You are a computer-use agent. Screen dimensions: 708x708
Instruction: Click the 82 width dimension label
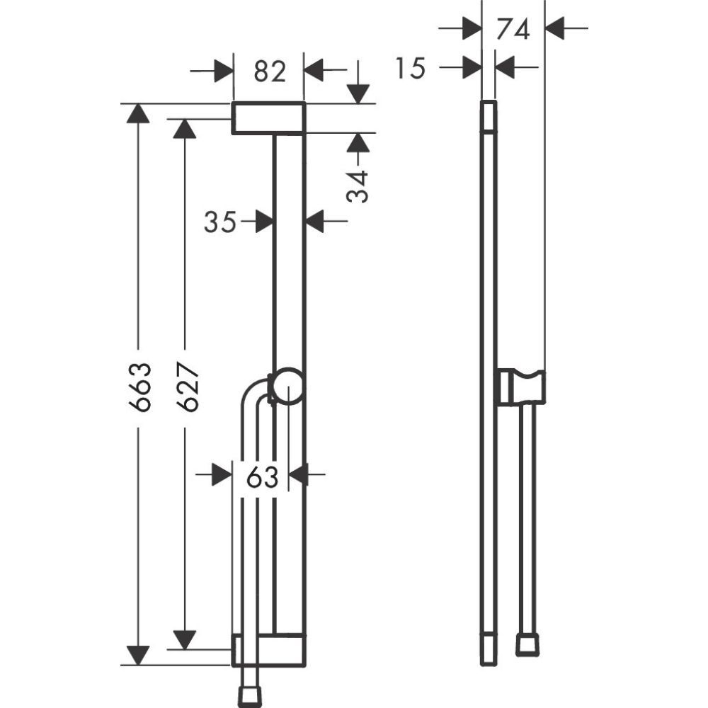(x=269, y=72)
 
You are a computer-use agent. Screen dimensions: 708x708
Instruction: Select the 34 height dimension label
(x=359, y=186)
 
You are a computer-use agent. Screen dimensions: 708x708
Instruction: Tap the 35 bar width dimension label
(x=220, y=222)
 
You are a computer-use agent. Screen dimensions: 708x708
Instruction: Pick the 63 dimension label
(x=262, y=477)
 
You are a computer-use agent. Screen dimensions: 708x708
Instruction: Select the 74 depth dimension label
(x=513, y=30)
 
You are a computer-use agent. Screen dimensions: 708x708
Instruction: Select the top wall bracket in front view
(x=269, y=118)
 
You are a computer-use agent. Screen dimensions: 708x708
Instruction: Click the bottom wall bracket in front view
(x=269, y=650)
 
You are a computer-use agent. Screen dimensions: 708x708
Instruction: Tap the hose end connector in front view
(x=250, y=695)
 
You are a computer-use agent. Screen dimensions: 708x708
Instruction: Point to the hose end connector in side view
(x=526, y=644)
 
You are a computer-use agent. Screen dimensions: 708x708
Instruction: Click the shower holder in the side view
(x=520, y=387)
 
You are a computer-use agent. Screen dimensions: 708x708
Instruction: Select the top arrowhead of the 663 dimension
(x=138, y=113)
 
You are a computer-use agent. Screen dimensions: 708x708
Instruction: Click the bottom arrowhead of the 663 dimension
(x=138, y=655)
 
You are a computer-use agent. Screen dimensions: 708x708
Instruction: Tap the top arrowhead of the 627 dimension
(x=185, y=129)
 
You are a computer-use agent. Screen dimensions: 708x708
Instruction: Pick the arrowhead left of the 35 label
(x=264, y=222)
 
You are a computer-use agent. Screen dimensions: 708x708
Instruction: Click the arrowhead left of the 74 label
(x=471, y=29)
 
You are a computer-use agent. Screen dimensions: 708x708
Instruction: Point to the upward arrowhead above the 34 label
(x=359, y=144)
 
